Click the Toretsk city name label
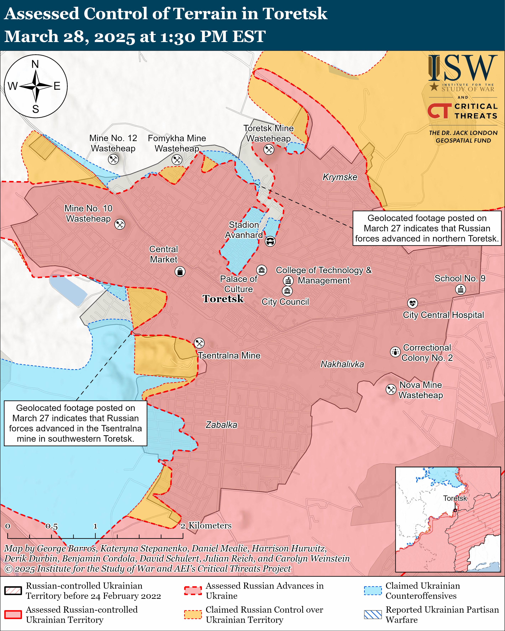[x=223, y=299]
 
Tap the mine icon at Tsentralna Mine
[x=199, y=343]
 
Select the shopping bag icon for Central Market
[x=180, y=272]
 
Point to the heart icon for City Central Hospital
[x=413, y=303]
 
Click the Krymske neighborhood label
[x=340, y=177]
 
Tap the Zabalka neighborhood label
[x=221, y=425]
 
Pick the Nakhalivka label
[x=342, y=364]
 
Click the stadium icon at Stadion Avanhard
[x=270, y=242]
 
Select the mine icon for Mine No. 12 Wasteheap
[x=113, y=159]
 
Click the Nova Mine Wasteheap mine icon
[x=391, y=389]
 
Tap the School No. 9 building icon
[x=460, y=289]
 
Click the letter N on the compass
[x=35, y=64]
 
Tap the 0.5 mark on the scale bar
[x=51, y=526]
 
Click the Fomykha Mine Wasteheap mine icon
[x=177, y=160]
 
